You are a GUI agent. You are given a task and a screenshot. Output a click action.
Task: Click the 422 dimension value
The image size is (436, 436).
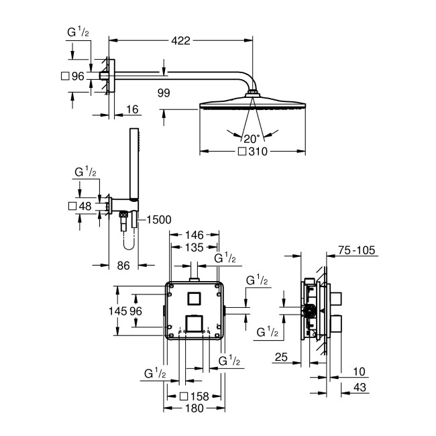[180, 40]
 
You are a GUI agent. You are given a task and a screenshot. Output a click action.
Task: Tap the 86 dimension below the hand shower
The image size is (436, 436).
[123, 266]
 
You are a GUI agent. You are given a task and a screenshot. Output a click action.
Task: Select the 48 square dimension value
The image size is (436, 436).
[85, 206]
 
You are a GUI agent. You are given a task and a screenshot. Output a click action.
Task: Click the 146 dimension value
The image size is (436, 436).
[195, 235]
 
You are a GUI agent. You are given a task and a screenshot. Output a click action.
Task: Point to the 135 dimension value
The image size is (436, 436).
[195, 248]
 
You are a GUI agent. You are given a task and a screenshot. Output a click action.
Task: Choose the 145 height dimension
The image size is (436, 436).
[118, 311]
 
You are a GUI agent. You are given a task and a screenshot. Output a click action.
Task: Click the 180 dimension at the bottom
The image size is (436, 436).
[195, 408]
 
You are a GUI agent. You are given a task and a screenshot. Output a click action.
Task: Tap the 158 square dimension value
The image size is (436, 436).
[199, 396]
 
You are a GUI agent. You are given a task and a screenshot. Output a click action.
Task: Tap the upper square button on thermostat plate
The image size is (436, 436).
[195, 297]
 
